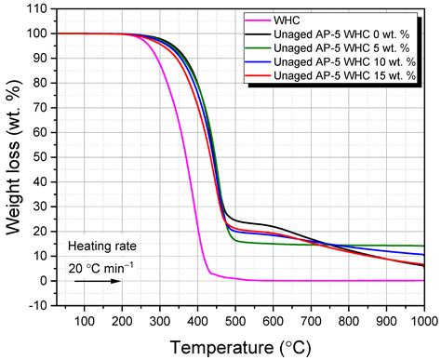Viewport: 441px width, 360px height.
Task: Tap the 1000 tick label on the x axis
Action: pyautogui.click(x=423, y=321)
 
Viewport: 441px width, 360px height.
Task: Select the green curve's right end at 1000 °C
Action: pyautogui.click(x=423, y=246)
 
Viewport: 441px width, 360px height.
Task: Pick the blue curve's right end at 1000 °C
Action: pyautogui.click(x=423, y=255)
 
